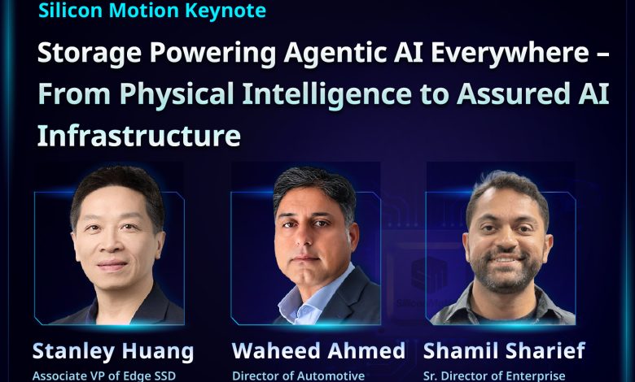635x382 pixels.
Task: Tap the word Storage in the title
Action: coord(90,54)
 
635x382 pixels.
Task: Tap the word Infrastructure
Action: coord(139,135)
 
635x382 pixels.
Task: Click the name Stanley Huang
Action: coord(113,352)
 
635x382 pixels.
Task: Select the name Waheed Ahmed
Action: coord(318,350)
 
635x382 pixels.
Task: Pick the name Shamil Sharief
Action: coord(504,350)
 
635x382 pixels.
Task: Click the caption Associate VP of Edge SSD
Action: coord(104,376)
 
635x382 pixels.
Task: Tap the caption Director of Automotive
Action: coord(298,376)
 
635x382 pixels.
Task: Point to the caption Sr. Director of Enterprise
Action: coord(494,376)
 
